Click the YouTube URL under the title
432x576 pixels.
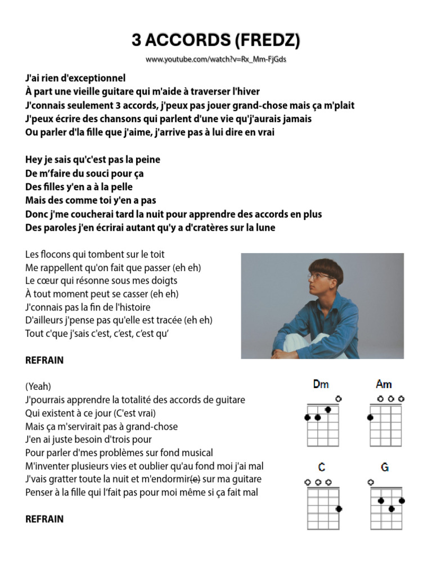click(216, 59)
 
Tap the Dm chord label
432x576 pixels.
click(321, 385)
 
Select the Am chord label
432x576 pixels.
click(384, 385)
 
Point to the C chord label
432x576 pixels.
click(321, 467)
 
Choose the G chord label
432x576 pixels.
click(385, 467)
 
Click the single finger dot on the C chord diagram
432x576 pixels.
click(339, 509)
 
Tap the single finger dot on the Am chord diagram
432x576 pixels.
click(371, 417)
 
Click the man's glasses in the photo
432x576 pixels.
click(318, 276)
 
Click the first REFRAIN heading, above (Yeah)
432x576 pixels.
click(44, 361)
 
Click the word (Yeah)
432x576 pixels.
click(38, 386)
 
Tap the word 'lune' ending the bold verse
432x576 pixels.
click(265, 228)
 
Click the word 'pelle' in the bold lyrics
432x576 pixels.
click(121, 187)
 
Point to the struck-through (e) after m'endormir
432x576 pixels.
click(195, 479)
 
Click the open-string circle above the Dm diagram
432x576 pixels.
click(338, 399)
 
